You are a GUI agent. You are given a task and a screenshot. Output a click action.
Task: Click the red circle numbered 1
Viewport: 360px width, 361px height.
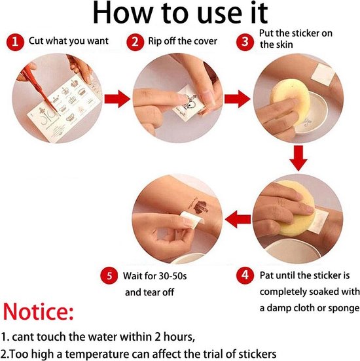pyautogui.click(x=15, y=42)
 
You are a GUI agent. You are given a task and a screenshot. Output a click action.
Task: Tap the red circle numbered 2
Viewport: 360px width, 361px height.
pyautogui.click(x=135, y=42)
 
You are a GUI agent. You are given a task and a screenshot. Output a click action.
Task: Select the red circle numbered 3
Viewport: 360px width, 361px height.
pyautogui.click(x=245, y=42)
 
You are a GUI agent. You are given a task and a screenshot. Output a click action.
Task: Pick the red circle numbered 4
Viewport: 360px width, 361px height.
pyautogui.click(x=245, y=275)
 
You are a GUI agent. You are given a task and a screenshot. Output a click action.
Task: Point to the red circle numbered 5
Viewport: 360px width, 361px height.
pyautogui.click(x=109, y=275)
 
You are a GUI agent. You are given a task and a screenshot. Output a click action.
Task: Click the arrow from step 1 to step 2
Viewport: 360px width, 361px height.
pyautogui.click(x=117, y=99)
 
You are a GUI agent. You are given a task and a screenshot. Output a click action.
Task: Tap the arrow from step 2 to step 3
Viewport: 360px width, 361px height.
pyautogui.click(x=238, y=99)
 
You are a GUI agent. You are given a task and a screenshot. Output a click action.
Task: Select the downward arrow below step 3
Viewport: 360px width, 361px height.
pyautogui.click(x=298, y=158)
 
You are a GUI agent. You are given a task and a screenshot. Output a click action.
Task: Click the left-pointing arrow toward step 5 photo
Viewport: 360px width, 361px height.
pyautogui.click(x=238, y=219)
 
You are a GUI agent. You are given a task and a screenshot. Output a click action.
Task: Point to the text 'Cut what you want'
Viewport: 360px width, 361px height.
pyautogui.click(x=69, y=41)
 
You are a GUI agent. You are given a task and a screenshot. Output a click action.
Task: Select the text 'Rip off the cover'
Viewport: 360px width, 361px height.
pyautogui.click(x=183, y=41)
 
